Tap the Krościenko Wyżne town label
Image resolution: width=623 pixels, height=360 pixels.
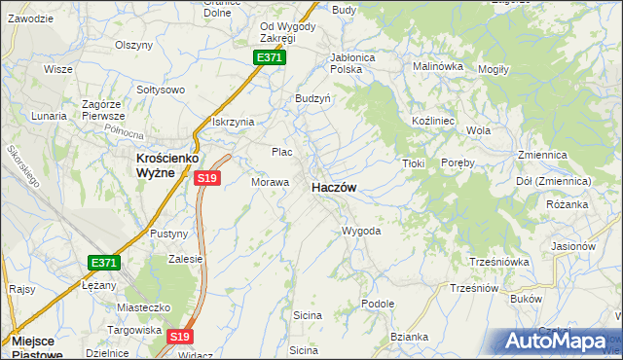click(x=155, y=164)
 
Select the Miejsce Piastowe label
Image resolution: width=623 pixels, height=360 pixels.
click(x=39, y=348)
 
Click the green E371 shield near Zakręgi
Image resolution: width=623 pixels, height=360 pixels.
click(x=270, y=58)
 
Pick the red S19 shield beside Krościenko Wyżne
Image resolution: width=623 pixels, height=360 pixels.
click(x=207, y=178)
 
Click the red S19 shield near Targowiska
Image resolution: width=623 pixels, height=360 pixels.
click(x=178, y=337)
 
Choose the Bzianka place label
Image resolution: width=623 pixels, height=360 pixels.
click(x=409, y=337)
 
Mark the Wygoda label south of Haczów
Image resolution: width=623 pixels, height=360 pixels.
click(x=360, y=231)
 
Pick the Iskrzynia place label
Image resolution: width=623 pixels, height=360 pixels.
click(x=233, y=122)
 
